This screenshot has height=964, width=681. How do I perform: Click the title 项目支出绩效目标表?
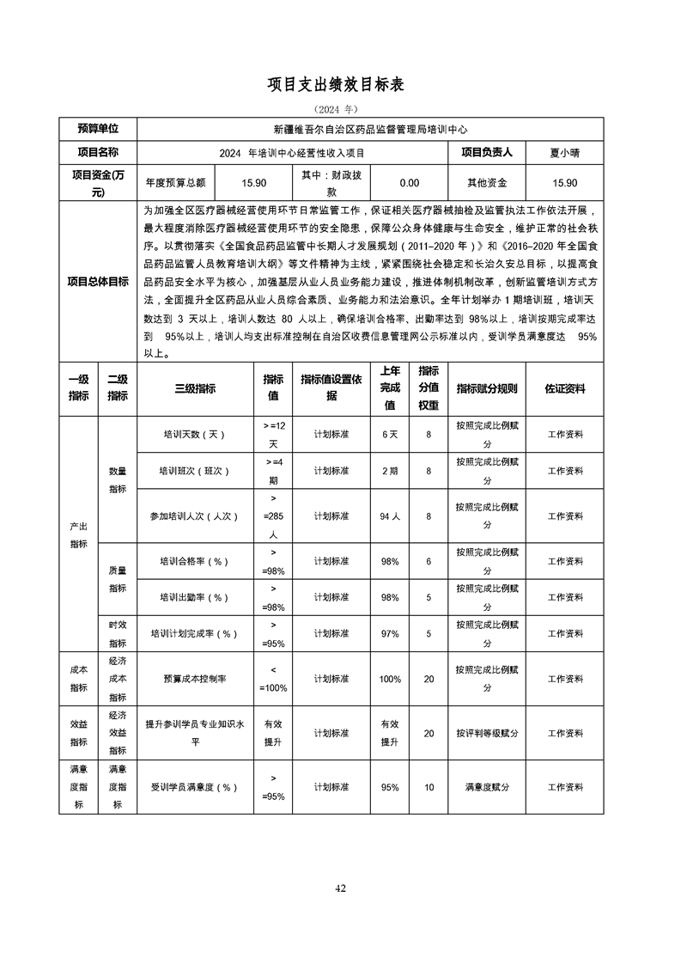(x=340, y=84)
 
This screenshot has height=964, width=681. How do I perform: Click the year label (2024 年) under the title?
(x=340, y=110)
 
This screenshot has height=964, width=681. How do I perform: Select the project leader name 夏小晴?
(x=564, y=153)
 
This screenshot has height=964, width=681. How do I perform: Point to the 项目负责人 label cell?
(x=487, y=153)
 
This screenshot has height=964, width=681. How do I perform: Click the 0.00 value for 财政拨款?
(x=410, y=183)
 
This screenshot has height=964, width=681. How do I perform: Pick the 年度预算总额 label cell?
(x=176, y=183)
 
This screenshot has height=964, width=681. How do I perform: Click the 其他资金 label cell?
(x=487, y=183)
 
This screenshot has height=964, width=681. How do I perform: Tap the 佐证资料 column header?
(x=564, y=388)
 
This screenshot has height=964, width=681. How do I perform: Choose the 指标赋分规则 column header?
(x=487, y=388)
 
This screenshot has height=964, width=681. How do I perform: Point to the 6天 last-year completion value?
(x=390, y=435)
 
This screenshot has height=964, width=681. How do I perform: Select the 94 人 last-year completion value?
(x=390, y=516)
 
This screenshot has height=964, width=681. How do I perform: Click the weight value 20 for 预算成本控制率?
(x=429, y=679)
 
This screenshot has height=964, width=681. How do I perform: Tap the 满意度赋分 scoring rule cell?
(x=487, y=787)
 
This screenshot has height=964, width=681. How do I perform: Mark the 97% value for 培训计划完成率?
(x=390, y=634)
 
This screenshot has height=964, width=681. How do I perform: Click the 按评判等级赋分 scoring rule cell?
(x=487, y=734)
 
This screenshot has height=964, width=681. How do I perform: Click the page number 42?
(x=340, y=888)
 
